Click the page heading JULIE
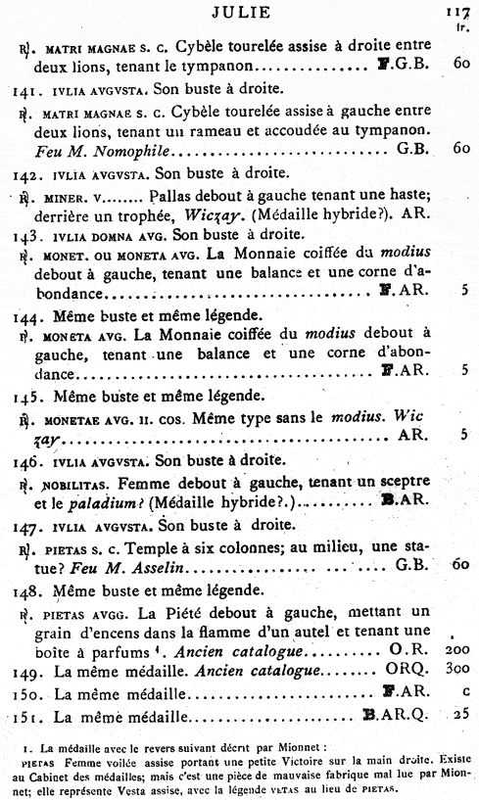point(237,13)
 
